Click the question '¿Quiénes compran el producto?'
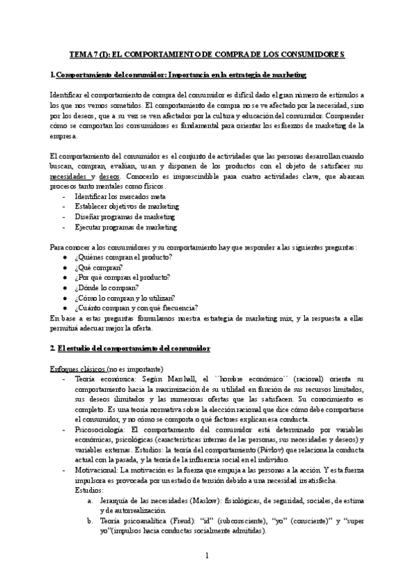123,257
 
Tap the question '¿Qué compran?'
99,267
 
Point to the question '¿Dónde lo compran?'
107,287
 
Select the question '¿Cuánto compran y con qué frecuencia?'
136,308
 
